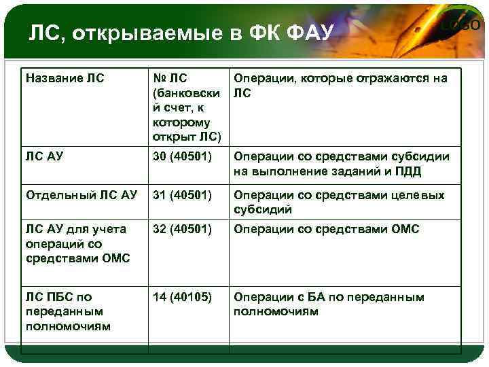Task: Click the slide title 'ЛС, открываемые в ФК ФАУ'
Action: [179, 33]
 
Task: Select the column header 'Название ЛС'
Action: [65, 78]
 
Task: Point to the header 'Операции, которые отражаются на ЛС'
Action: [340, 86]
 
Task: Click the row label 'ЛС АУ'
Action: [45, 157]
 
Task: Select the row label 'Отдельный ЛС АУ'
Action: [81, 195]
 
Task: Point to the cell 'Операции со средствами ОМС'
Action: [327, 229]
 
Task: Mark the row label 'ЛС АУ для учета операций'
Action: [75, 243]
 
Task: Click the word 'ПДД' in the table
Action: [407, 172]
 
